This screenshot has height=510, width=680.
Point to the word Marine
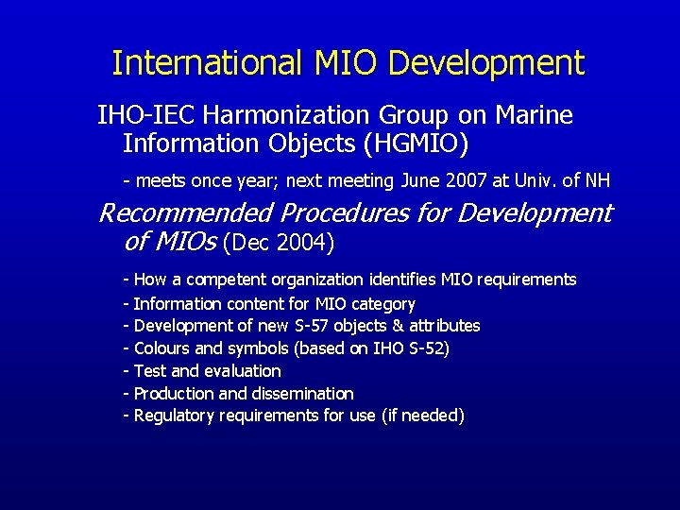tap(531, 115)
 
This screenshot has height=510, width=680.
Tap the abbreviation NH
tap(598, 179)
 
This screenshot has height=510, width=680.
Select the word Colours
tap(163, 348)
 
